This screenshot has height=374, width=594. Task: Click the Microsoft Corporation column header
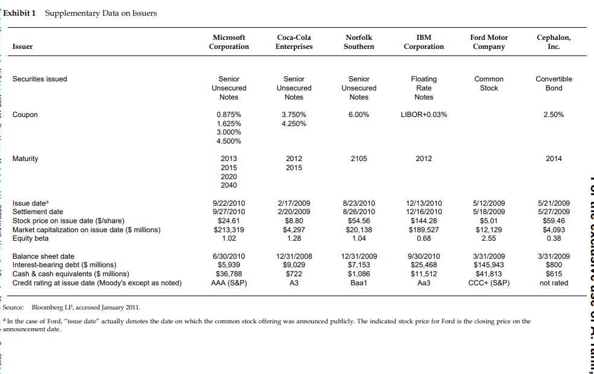coord(229,42)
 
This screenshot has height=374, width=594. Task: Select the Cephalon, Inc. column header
coord(554,42)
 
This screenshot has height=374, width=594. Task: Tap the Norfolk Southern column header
coord(359,42)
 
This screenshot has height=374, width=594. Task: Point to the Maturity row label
coord(25,159)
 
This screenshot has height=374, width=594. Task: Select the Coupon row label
coord(25,115)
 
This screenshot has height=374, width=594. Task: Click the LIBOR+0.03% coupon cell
coord(424,115)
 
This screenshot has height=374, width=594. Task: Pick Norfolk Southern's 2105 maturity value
coord(359,159)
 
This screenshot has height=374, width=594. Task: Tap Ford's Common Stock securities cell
coord(488,83)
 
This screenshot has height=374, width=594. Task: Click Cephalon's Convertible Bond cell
coord(554,83)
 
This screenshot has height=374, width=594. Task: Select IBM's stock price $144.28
coord(424,220)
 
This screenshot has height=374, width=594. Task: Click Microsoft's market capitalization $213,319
coord(229,229)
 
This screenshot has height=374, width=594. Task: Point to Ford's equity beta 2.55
coord(488,238)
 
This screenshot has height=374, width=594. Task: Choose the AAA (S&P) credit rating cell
coord(229,282)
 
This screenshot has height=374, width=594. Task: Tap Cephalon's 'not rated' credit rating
coord(554,282)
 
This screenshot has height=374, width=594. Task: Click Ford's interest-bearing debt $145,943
coord(488,265)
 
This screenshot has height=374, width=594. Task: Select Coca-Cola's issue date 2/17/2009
coord(294,203)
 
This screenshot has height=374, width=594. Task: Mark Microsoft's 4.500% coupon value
coord(229,141)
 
